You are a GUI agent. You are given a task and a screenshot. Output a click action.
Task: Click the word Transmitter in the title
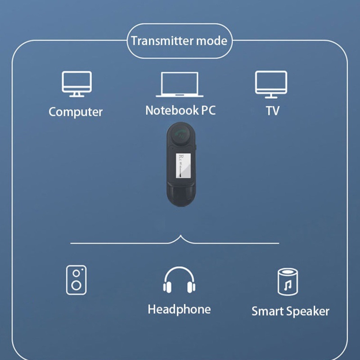[x=162, y=41]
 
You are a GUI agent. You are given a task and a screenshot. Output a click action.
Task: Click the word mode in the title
[x=212, y=41]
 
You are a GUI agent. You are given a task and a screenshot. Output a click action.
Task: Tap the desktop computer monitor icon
[x=76, y=84]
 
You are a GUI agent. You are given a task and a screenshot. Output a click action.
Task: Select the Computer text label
[x=76, y=112]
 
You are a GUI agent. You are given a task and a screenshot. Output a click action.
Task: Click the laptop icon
[x=180, y=85]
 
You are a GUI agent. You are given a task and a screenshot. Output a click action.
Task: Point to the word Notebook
[x=171, y=110]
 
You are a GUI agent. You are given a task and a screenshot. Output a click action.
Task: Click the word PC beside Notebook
[x=207, y=110]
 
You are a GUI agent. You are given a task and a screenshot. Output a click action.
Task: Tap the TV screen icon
[x=271, y=84]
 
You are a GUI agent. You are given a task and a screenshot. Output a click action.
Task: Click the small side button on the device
[x=197, y=147]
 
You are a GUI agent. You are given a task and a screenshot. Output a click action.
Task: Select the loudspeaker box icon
[x=76, y=280]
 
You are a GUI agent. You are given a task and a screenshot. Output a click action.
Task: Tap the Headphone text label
[x=179, y=309]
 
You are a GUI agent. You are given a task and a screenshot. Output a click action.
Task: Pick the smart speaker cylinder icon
[x=288, y=282]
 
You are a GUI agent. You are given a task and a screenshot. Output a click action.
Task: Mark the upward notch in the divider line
[x=180, y=237]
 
